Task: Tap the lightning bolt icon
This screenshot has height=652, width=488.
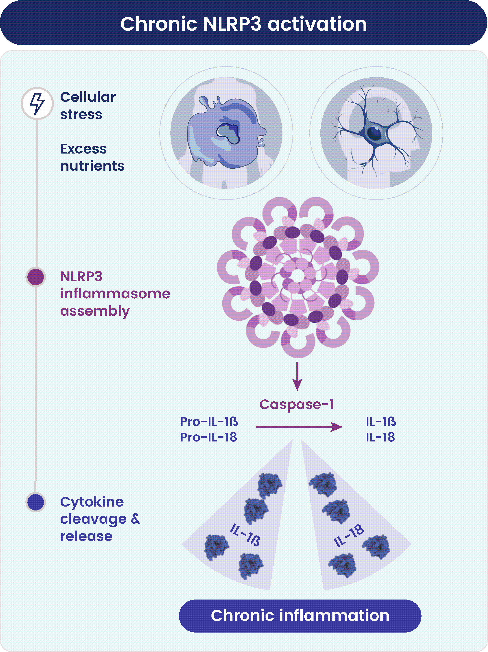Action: point(37,103)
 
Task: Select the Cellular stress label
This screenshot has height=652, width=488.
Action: point(88,106)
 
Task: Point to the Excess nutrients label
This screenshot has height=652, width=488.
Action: point(92,157)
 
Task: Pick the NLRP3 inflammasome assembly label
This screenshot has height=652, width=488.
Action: point(115,294)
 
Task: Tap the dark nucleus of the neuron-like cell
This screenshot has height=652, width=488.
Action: point(375,133)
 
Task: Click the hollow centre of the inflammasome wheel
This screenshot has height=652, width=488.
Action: point(298,275)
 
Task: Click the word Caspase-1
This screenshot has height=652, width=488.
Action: point(297,404)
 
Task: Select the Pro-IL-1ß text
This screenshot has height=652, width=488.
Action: point(209,421)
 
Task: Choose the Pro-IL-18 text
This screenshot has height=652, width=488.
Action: point(208,437)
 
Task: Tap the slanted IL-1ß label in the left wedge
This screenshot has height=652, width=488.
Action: point(245,535)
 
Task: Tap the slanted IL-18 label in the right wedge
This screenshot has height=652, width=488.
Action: point(349,536)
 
